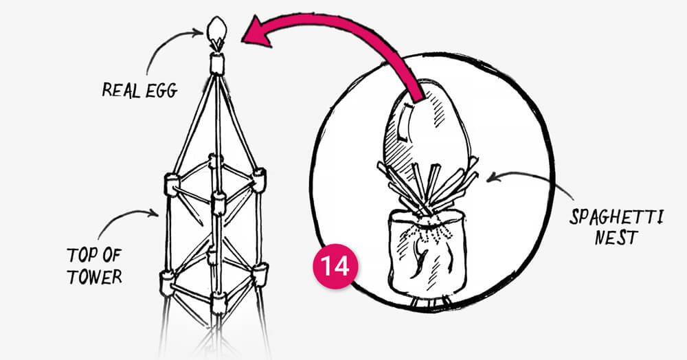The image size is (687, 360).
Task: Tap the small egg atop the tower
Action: click(217, 30)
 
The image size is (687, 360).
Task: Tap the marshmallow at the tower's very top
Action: click(218, 64)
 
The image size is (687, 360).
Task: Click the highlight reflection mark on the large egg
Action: click(406, 120)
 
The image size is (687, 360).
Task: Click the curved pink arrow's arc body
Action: click(357, 34)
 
